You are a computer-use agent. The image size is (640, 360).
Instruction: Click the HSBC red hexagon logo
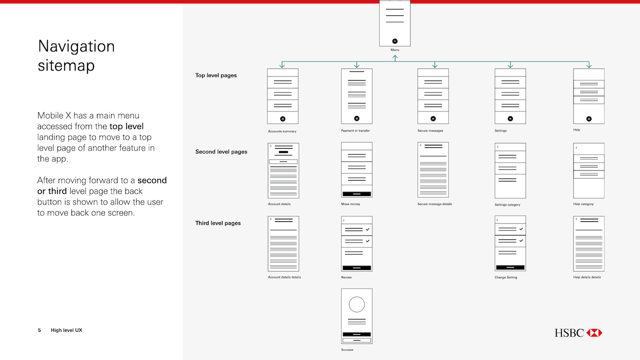click(x=594, y=333)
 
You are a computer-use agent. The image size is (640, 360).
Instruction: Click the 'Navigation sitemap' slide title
click(x=76, y=55)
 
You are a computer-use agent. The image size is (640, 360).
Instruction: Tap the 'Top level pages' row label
click(x=216, y=75)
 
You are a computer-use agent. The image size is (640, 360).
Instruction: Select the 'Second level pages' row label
click(x=221, y=151)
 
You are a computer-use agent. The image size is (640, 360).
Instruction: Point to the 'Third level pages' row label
click(x=218, y=223)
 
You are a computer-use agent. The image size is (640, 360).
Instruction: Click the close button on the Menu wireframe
click(x=395, y=41)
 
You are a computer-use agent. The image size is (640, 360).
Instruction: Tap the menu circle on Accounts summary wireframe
click(x=282, y=119)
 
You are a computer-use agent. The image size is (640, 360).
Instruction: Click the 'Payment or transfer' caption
click(x=355, y=130)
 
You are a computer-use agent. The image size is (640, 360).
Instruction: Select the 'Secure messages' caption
click(x=430, y=130)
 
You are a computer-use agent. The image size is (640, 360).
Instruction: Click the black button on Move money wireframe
click(x=356, y=194)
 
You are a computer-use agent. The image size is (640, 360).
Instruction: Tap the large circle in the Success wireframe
click(x=356, y=304)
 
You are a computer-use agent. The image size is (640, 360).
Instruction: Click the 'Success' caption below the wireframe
click(x=347, y=349)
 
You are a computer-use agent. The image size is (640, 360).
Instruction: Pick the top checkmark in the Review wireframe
click(x=367, y=229)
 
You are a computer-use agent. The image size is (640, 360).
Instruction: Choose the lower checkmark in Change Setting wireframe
click(x=521, y=240)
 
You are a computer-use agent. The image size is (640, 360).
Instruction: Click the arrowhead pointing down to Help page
click(x=589, y=65)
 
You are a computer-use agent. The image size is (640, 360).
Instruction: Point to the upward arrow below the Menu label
click(x=395, y=58)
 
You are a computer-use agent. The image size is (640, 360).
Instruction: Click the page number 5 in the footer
click(x=39, y=330)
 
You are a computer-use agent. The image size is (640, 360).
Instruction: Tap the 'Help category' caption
click(x=583, y=204)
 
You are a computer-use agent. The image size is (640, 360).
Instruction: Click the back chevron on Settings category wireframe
click(x=497, y=147)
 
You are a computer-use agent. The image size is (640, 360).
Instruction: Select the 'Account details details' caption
click(x=284, y=277)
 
